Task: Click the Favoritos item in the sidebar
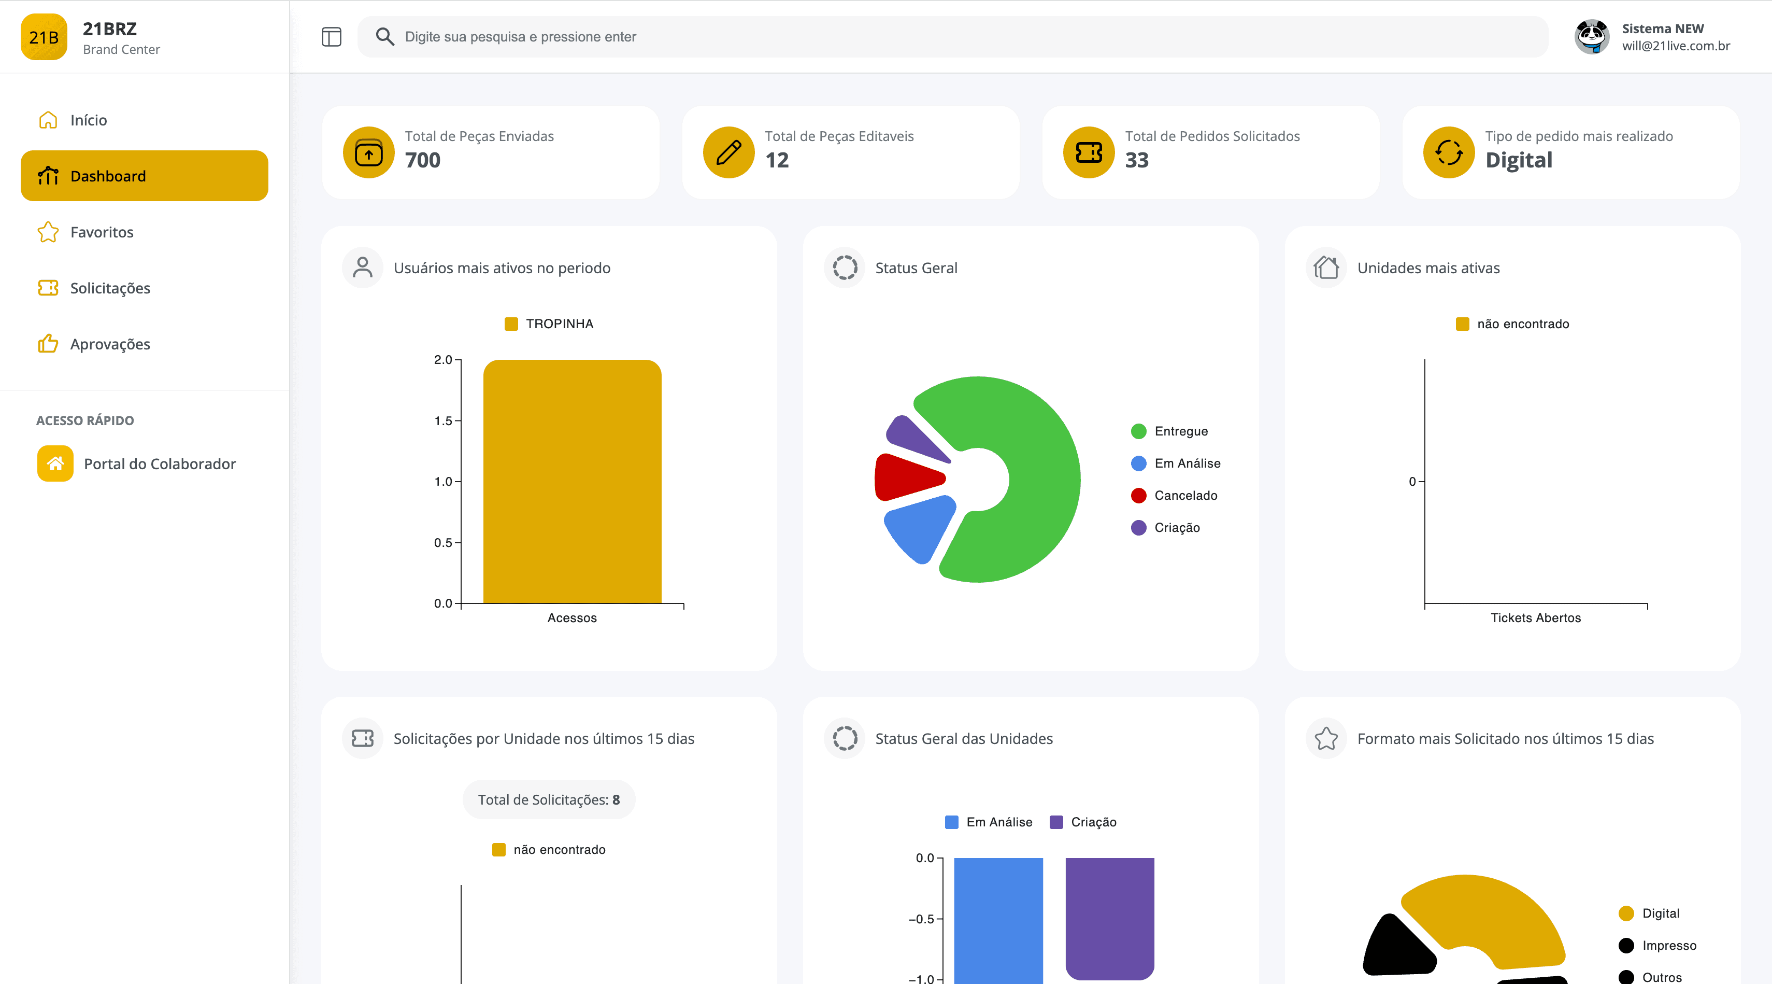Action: tap(101, 232)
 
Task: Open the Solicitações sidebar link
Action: tap(109, 288)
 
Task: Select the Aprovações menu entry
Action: tap(109, 344)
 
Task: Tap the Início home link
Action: tap(88, 120)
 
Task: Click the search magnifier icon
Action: tap(384, 36)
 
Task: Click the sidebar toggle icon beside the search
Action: tap(332, 36)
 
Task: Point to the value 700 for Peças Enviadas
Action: tap(422, 160)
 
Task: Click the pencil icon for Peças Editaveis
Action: tap(728, 152)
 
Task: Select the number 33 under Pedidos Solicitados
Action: tap(1136, 160)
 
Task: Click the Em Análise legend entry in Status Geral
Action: tap(1187, 463)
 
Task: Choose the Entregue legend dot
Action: tap(1138, 431)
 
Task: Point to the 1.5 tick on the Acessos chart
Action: tap(444, 420)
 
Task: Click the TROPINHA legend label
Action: tap(559, 324)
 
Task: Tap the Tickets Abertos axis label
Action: tap(1535, 618)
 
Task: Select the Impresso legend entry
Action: tap(1668, 946)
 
